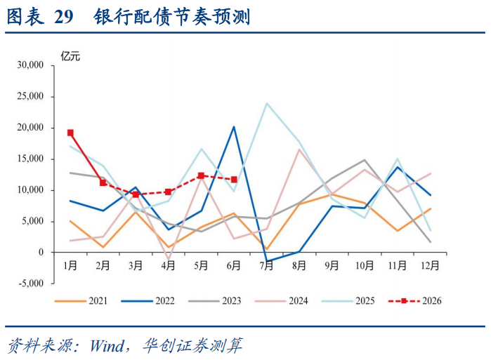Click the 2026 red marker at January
pos(70,133)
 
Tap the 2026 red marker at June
pos(234,180)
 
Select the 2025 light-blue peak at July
pos(267,104)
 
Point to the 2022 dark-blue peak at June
pos(234,127)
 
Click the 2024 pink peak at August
pos(299,149)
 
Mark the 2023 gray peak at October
pos(365,160)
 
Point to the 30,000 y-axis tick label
pos(30,65)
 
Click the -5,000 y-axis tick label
pos(31,284)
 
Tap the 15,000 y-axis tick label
pos(30,159)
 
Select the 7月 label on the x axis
pos(267,266)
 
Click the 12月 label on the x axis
pos(430,266)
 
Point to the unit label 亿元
pos(70,56)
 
